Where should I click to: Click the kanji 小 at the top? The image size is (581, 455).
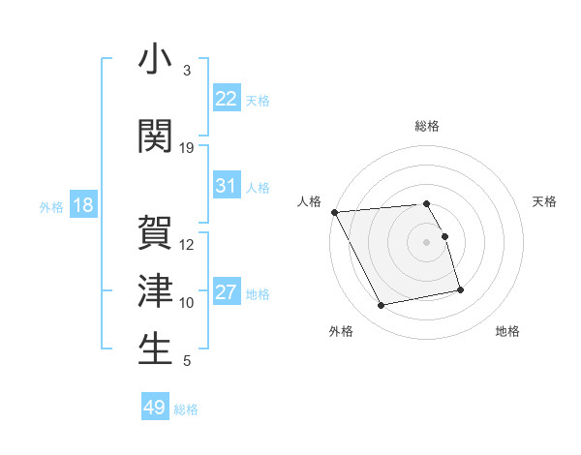pos(155,59)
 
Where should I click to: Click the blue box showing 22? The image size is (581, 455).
pos(227,99)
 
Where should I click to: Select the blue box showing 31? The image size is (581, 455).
pos(227,186)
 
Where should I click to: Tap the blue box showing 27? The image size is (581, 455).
pos(227,293)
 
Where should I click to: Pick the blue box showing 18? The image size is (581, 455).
pos(82,206)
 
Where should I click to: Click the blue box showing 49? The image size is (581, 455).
pos(155,408)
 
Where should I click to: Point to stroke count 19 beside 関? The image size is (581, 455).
pos(187,148)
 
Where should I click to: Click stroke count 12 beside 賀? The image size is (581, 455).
pos(187,244)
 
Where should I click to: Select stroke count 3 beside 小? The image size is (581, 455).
pos(187,71)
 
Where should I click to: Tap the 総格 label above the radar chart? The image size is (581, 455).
pos(427,126)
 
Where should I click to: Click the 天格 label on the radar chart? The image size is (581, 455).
pos(544,201)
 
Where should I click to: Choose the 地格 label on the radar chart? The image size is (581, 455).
pos(507,331)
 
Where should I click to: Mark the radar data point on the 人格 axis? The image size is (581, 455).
pos(334,212)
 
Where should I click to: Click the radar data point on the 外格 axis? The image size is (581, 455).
pos(382,306)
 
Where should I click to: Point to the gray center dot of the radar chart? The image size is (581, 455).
pos(427,241)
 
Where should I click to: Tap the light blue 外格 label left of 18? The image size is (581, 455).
pos(51,207)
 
